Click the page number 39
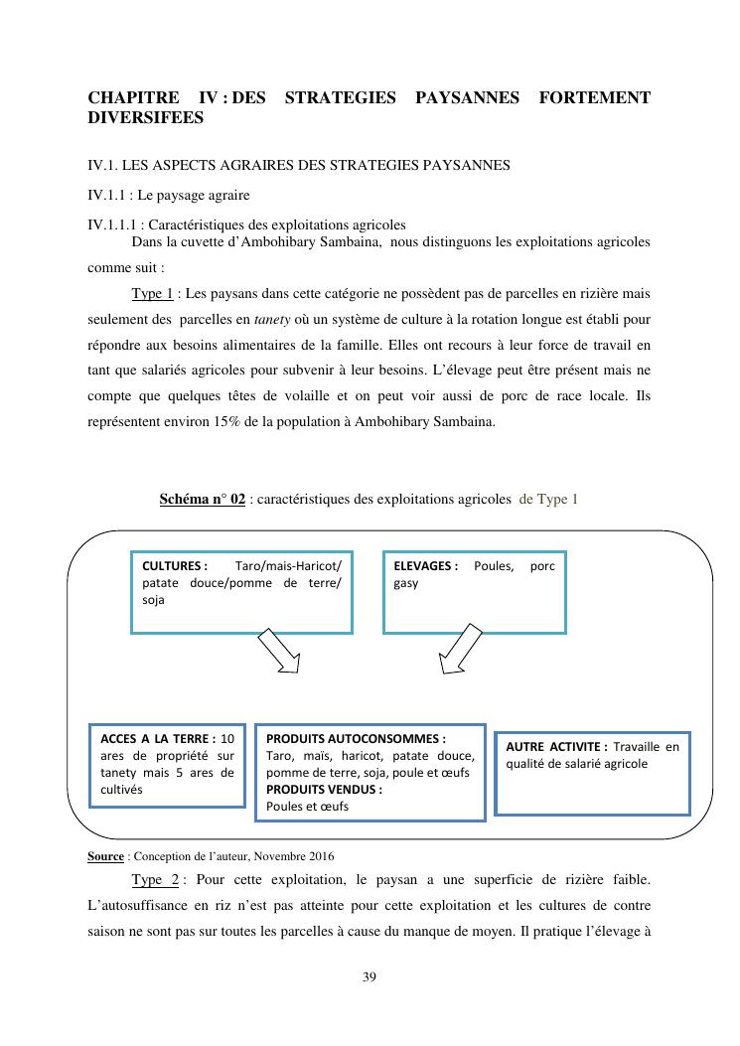coord(370,976)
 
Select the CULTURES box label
coord(175,565)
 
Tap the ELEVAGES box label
coord(425,565)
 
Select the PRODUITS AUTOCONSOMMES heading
coord(356,738)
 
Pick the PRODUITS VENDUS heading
coord(324,790)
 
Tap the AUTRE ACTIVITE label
coord(556,746)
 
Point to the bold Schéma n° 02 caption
coord(202,499)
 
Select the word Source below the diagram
coord(106,855)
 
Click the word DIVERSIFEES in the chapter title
coord(146,117)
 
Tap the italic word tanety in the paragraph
coord(272,319)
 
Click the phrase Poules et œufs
coord(307,807)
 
